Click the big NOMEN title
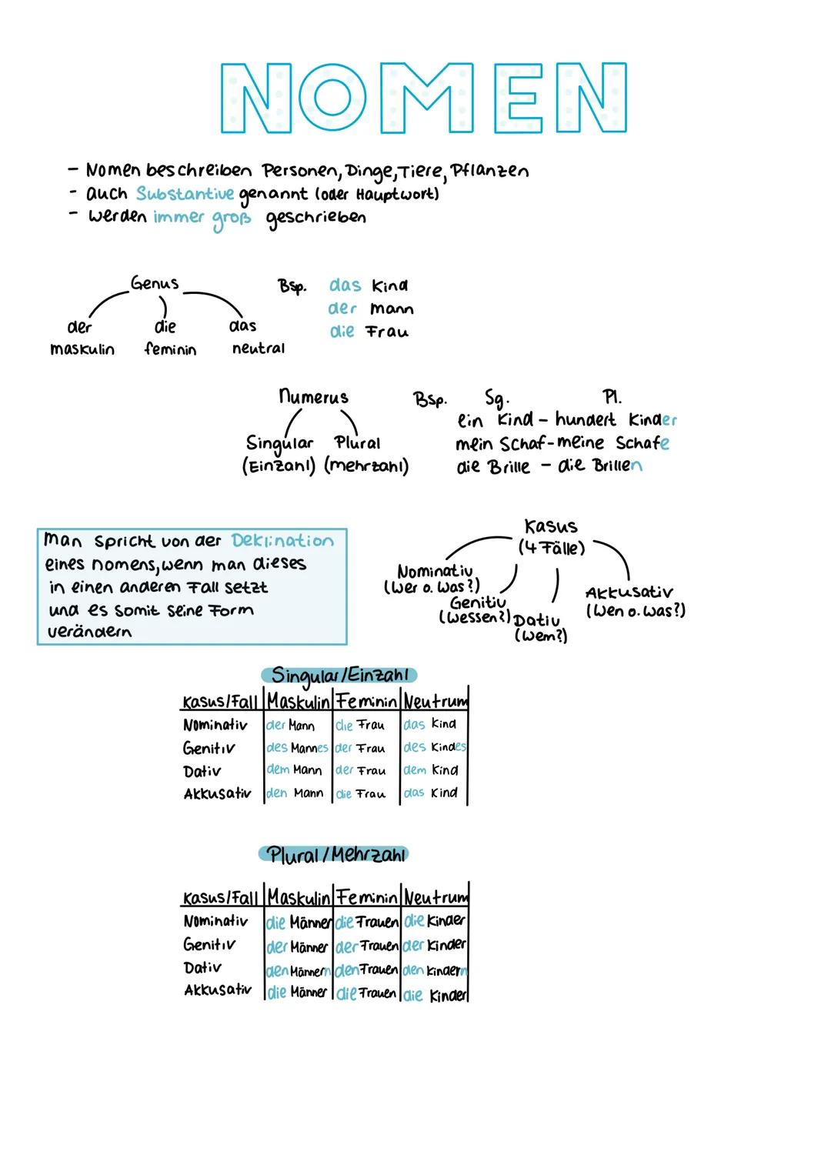coord(423,98)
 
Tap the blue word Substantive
coord(185,193)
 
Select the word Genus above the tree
coord(155,283)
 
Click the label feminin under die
coord(170,349)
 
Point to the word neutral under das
coord(259,349)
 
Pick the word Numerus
coord(313,397)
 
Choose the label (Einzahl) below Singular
coord(279,466)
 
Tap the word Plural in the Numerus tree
coord(358,443)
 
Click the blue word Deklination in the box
coord(282,541)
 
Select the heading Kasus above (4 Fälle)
coord(550,526)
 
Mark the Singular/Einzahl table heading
coord(339,676)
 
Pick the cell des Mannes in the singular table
coord(297,748)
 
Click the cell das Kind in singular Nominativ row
coord(431,724)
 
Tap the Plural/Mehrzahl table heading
coord(334,855)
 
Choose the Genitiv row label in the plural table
coord(209,944)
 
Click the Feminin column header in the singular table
coord(366,701)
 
